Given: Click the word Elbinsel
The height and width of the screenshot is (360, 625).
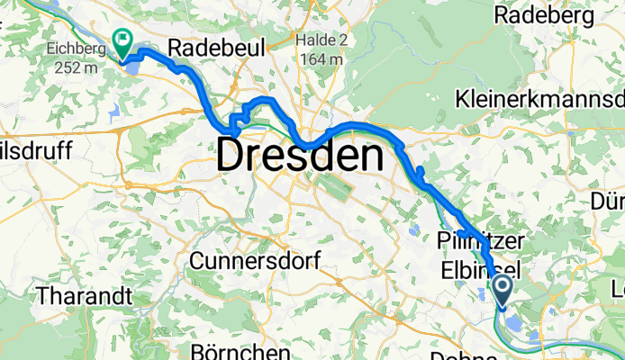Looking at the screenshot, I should point(480,268).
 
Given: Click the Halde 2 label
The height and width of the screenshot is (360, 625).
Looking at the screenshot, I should point(321,41).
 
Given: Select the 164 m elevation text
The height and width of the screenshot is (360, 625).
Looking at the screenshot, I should point(321,59).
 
